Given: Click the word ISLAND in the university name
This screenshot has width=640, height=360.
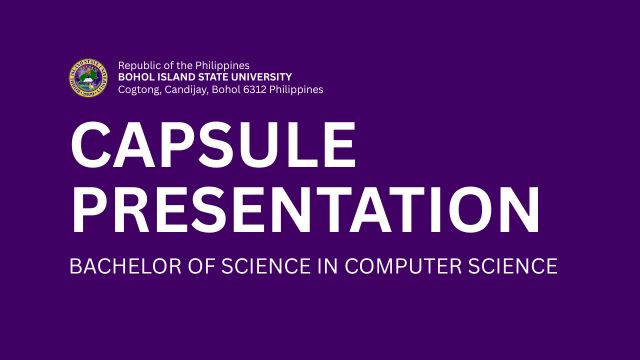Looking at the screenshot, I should (179, 78).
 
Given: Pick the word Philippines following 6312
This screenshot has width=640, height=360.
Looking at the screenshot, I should (299, 90).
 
